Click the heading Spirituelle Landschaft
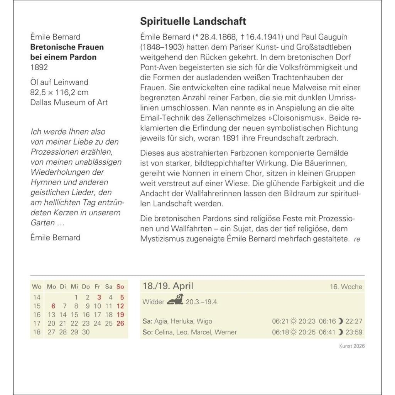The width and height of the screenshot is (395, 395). (193, 21)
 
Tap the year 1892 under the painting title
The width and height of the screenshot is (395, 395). (39, 67)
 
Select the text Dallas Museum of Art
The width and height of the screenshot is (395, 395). (69, 102)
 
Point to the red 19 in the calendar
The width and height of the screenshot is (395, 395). (120, 315)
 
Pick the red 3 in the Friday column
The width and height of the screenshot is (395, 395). (99, 297)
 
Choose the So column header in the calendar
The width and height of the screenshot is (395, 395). (120, 287)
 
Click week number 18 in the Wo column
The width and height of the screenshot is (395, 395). (37, 332)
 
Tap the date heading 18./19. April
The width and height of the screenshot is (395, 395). (168, 286)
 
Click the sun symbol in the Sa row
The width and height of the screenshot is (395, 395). (294, 321)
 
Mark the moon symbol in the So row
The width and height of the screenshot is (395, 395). (340, 332)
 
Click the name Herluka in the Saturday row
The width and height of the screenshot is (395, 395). (181, 321)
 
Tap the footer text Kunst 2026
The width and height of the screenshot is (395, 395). (352, 346)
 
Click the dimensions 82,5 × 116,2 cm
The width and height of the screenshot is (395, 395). (59, 92)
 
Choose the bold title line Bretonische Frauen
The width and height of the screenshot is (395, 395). (67, 47)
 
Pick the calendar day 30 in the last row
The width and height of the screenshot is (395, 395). (86, 332)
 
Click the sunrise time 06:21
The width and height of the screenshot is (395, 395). (280, 321)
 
